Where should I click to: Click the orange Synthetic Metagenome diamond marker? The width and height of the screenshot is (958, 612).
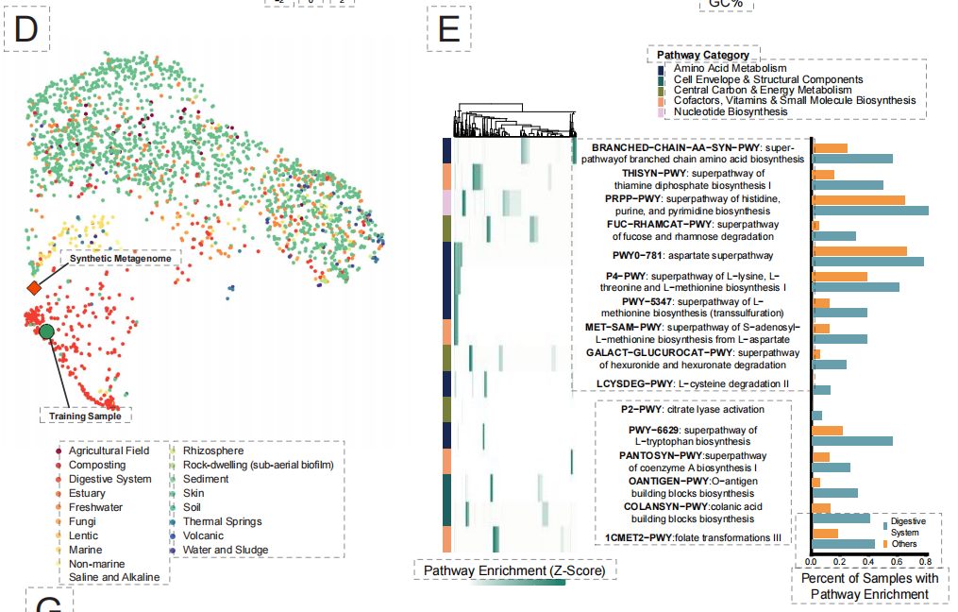click(x=34, y=287)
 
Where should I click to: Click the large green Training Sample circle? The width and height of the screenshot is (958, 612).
click(x=46, y=331)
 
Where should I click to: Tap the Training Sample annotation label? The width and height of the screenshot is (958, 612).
click(x=86, y=415)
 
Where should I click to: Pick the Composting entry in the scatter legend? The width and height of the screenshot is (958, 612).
click(x=97, y=465)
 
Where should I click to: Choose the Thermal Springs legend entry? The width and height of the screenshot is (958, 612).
click(x=222, y=521)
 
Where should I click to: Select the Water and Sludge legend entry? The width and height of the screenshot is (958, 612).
click(x=226, y=550)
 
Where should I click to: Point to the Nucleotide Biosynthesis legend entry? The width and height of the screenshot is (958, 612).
click(x=730, y=111)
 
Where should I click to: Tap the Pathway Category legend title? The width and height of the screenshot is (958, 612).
click(x=703, y=55)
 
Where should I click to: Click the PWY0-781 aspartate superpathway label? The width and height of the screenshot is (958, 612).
click(x=692, y=255)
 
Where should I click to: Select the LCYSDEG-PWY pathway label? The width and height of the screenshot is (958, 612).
click(x=693, y=383)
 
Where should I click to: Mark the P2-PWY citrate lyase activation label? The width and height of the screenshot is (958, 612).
click(x=693, y=410)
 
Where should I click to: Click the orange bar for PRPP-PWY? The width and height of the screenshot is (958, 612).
click(x=858, y=200)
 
